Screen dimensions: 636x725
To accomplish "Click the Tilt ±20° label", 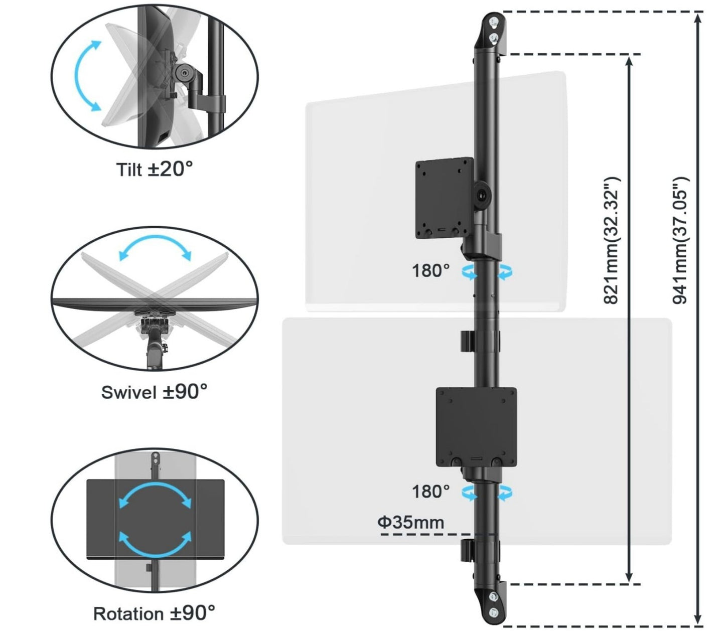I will point(155,169).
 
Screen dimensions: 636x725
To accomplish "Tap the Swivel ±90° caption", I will point(154,392).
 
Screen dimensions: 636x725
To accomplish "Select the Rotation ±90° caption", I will point(154,613).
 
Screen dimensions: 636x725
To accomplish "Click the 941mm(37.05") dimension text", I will point(680,241).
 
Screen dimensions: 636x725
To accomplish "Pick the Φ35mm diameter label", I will point(411,523).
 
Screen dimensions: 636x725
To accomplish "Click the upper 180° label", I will point(430,271).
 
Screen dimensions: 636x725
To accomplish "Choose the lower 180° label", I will point(430,492).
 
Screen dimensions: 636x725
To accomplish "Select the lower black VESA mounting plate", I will point(476,426).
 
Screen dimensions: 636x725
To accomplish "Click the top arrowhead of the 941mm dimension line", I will point(698,17).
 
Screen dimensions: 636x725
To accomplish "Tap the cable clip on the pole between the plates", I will point(466,341).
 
